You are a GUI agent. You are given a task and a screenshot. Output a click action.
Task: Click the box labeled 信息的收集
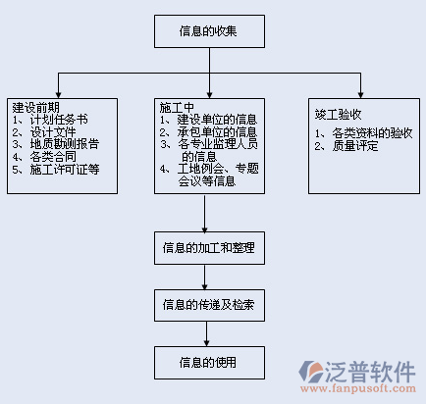[x=209, y=31]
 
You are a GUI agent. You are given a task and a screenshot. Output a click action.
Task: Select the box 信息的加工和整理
[x=209, y=248]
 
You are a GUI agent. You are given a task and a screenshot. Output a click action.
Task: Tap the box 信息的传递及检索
[x=209, y=305]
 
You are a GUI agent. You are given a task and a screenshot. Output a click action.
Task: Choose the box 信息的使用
[x=209, y=363]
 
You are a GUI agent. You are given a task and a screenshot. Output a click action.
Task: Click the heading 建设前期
[x=36, y=107]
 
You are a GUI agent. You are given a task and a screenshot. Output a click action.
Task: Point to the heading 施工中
[x=177, y=107]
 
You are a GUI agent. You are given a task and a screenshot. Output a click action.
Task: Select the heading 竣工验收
[x=338, y=115]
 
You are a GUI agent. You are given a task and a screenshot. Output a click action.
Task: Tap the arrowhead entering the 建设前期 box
[x=58, y=95]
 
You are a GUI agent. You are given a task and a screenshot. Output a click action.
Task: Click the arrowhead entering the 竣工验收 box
[x=360, y=95]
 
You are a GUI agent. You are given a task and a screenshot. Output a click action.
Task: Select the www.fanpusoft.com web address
[x=358, y=388]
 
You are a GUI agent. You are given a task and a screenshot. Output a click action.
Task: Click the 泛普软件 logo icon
[x=311, y=372]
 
